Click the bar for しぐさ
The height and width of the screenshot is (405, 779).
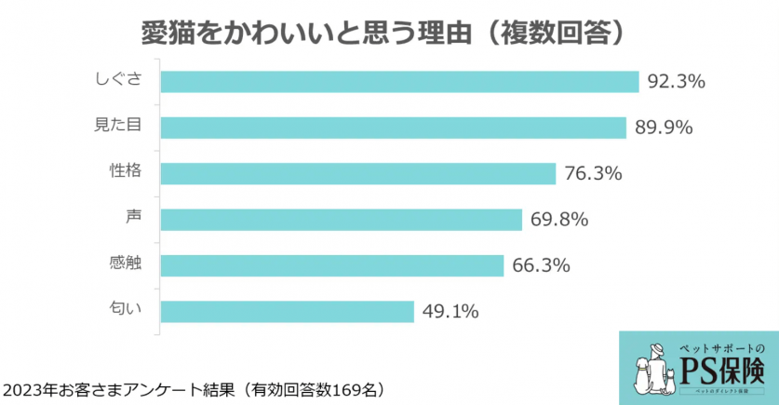399,82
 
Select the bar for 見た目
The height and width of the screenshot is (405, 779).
393,128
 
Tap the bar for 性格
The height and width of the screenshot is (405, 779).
358,173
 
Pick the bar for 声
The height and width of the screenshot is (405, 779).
342,220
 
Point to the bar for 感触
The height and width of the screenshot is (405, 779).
332,265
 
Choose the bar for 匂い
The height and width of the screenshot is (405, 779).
287,311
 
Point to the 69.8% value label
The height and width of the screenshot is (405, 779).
558,220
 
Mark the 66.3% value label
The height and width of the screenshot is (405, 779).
541,265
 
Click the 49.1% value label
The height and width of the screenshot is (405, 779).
450,311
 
